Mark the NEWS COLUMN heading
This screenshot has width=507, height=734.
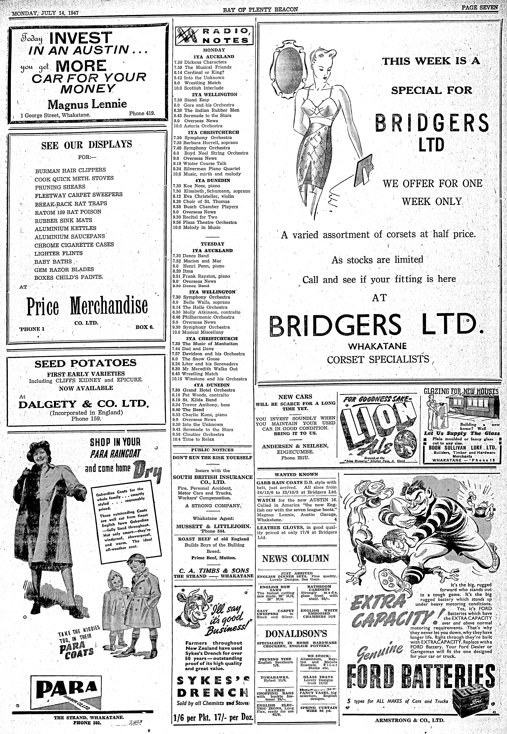pos(295,558)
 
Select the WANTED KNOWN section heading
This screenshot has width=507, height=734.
pos(296,474)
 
